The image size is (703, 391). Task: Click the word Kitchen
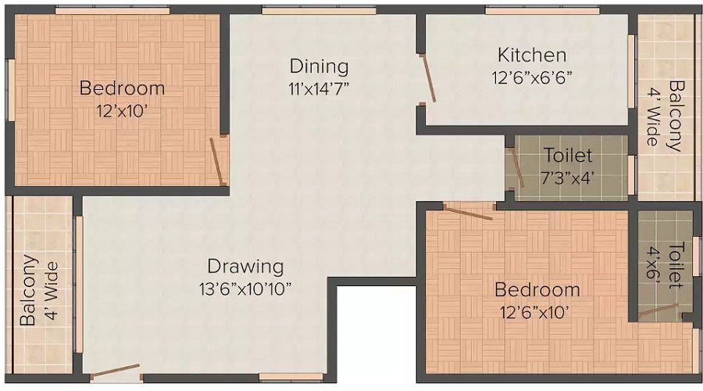click(x=532, y=56)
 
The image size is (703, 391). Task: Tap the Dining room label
click(x=319, y=66)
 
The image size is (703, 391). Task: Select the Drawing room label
click(x=245, y=266)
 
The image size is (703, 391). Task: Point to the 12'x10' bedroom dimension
click(x=122, y=111)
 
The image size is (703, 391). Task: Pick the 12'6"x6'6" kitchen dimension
click(x=532, y=78)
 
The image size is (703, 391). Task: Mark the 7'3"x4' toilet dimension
click(x=568, y=178)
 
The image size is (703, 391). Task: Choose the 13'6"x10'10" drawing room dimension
click(x=245, y=289)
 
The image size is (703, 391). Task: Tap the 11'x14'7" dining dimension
click(x=319, y=88)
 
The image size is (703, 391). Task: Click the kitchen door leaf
click(x=428, y=79)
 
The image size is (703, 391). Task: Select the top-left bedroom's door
click(x=217, y=161)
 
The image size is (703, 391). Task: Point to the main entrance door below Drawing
click(x=116, y=371)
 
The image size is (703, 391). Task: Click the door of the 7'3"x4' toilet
click(x=517, y=168)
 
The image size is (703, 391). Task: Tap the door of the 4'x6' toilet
click(x=659, y=310)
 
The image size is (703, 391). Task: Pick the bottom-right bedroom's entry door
click(x=468, y=212)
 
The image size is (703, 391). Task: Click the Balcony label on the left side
click(x=40, y=290)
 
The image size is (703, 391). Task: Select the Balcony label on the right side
click(x=665, y=117)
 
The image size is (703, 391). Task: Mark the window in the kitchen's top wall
click(x=543, y=10)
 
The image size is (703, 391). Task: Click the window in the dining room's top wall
click(x=319, y=10)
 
